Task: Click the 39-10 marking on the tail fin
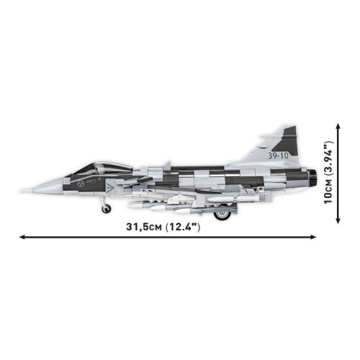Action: [x=279, y=154]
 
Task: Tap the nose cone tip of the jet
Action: [x=23, y=189]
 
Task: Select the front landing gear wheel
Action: [x=106, y=209]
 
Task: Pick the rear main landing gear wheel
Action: [x=225, y=212]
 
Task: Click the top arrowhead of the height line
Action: [x=337, y=125]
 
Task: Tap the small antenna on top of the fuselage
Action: [x=167, y=163]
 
